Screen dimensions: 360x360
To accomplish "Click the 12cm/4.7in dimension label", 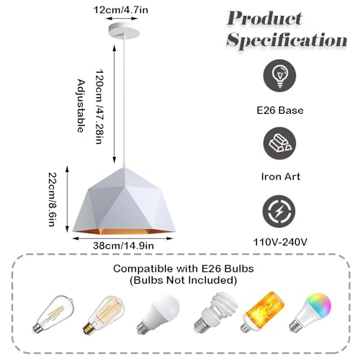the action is [x=121, y=10].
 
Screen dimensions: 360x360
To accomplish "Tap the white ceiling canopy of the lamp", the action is [x=124, y=30].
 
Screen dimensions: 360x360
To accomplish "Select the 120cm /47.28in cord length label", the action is [x=99, y=107].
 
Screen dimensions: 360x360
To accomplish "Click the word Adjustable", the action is [x=81, y=106].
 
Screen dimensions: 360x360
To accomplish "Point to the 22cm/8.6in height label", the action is [x=53, y=199].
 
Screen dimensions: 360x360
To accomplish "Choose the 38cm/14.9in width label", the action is [x=123, y=246].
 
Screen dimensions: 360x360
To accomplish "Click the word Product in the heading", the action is [x=265, y=18].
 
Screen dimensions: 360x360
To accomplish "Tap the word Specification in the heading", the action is [x=287, y=40].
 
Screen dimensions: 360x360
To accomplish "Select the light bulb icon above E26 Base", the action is [x=279, y=76].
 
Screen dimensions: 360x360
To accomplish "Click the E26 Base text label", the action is [x=280, y=110].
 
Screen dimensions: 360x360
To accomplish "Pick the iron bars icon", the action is [x=279, y=143].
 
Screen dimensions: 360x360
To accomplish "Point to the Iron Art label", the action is [x=281, y=176].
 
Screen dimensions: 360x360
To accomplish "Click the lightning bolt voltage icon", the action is [x=279, y=212].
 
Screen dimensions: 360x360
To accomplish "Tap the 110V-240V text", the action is [x=280, y=242].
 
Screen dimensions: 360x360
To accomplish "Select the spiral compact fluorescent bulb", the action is [x=215, y=312].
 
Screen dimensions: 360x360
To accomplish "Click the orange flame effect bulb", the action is [x=262, y=312].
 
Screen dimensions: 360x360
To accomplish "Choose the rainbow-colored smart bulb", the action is [x=310, y=312].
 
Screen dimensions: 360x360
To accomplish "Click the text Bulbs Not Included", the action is [x=184, y=280].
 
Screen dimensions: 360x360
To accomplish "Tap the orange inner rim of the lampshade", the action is [x=124, y=232].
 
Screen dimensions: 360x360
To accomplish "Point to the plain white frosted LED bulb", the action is [x=158, y=314].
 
